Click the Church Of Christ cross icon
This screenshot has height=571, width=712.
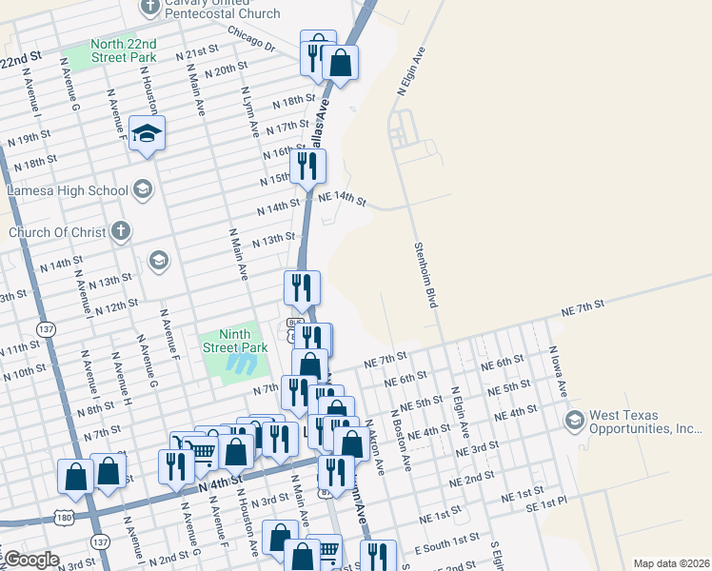tap(120, 230)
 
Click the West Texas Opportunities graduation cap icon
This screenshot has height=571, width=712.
tap(575, 420)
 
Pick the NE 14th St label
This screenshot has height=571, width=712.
tap(343, 198)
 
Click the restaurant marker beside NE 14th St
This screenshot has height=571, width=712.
tap(307, 167)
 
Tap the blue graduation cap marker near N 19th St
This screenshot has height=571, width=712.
tap(148, 134)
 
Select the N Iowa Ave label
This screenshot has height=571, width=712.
tap(555, 371)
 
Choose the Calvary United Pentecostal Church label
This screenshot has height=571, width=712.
tap(223, 9)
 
